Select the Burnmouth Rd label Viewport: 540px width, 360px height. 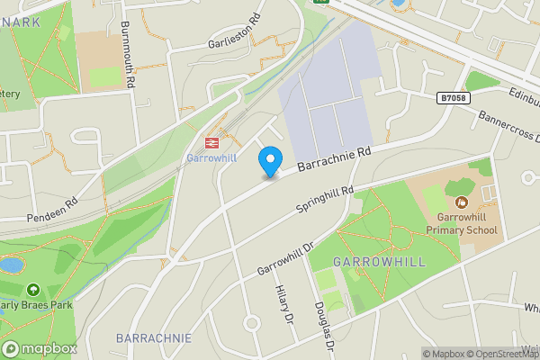(128, 54)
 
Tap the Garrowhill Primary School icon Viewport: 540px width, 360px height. (462, 202)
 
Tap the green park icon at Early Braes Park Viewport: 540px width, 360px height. (33, 290)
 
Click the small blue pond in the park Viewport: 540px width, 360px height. (11, 265)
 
